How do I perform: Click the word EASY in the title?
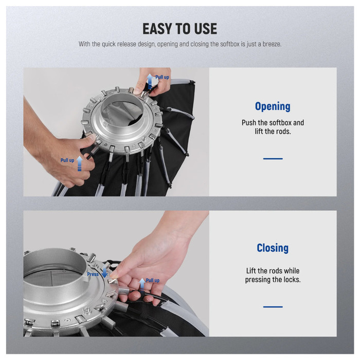click(x=157, y=29)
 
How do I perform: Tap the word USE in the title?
click(x=205, y=29)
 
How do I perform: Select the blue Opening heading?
click(x=273, y=106)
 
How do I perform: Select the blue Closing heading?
click(x=273, y=248)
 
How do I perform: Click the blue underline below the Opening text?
click(x=273, y=158)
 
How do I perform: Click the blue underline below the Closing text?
click(x=273, y=307)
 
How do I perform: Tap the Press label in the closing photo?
click(x=93, y=274)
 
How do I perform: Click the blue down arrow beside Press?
click(x=104, y=272)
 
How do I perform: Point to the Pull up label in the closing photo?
click(x=152, y=280)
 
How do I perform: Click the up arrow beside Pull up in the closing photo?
click(x=142, y=285)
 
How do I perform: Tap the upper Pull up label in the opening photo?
click(x=162, y=77)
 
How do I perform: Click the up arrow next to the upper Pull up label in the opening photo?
click(x=150, y=81)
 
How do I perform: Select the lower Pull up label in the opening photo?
click(x=67, y=160)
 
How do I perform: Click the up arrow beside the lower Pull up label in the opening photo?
click(x=79, y=164)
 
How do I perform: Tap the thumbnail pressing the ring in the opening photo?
click(x=92, y=137)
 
